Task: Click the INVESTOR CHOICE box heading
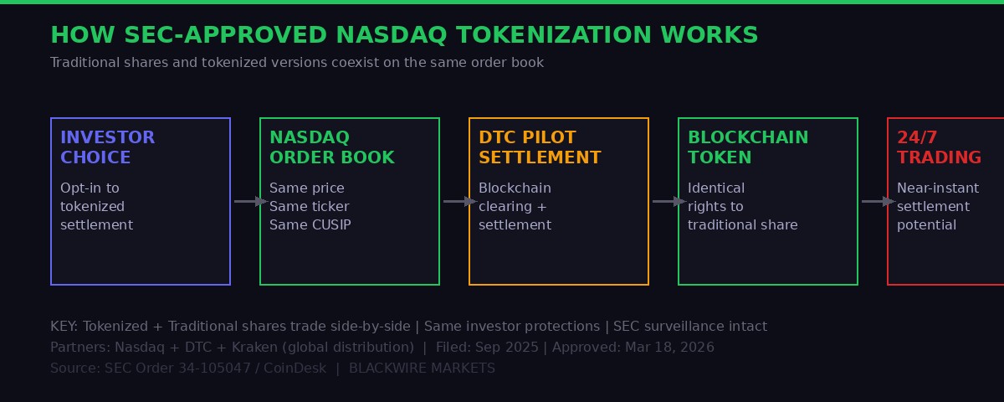(107, 147)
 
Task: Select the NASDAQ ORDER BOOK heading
(331, 147)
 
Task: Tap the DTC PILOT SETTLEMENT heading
(540, 147)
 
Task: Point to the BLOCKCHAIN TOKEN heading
(748, 147)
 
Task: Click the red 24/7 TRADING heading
(939, 147)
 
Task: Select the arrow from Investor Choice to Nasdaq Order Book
(249, 201)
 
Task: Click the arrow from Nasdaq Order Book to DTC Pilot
(458, 201)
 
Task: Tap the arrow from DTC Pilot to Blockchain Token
(668, 201)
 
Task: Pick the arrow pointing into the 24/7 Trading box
(877, 201)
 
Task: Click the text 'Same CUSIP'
(310, 224)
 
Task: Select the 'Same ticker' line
(309, 206)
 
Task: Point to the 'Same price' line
(306, 188)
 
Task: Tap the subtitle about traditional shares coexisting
(297, 63)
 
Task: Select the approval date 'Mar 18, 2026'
(668, 347)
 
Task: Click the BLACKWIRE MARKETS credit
(422, 368)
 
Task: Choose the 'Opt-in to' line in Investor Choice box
(90, 188)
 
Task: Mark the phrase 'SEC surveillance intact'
(689, 327)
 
